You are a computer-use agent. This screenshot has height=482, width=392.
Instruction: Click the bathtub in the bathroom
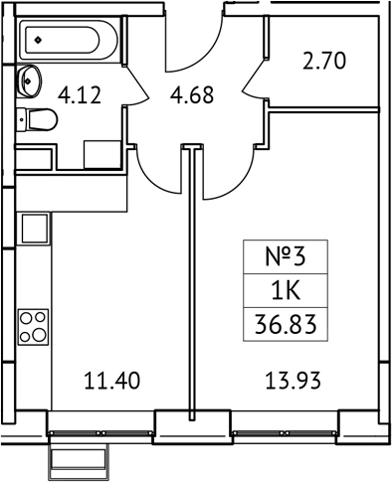click(66, 42)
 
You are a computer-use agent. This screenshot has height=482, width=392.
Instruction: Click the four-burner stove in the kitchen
click(34, 325)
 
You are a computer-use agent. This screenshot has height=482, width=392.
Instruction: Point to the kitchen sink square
click(34, 228)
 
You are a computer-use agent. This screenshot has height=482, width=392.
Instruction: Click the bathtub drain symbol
click(37, 41)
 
